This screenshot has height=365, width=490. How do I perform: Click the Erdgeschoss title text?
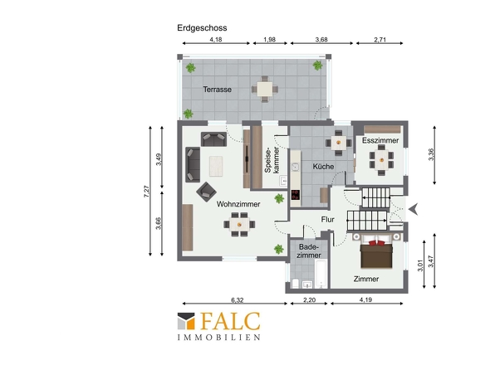click(202, 28)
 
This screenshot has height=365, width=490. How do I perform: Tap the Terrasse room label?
click(218, 90)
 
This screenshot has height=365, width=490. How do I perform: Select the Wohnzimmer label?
click(238, 204)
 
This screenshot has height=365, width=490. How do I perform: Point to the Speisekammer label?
click(272, 160)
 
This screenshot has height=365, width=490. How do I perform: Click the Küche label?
click(323, 167)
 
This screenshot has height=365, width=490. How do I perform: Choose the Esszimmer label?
click(380, 140)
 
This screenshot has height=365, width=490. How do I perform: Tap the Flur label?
click(327, 220)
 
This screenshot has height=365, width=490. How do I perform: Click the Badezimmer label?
click(309, 251)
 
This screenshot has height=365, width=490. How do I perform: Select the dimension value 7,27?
click(146, 191)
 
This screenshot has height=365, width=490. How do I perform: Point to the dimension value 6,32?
click(238, 300)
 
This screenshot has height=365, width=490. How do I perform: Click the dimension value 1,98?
click(269, 40)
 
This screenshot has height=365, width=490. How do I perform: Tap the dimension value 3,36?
click(431, 154)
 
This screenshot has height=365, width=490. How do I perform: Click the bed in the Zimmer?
click(376, 251)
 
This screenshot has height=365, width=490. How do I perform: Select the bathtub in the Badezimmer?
click(321, 274)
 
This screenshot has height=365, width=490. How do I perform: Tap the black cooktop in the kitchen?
click(296, 195)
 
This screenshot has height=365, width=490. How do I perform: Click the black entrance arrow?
click(414, 209)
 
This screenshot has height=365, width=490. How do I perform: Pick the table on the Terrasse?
click(265, 90)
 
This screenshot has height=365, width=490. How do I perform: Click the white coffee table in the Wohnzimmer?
click(216, 166)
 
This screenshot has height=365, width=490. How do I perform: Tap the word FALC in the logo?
click(230, 321)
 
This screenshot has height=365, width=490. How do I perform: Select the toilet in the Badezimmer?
click(296, 284)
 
